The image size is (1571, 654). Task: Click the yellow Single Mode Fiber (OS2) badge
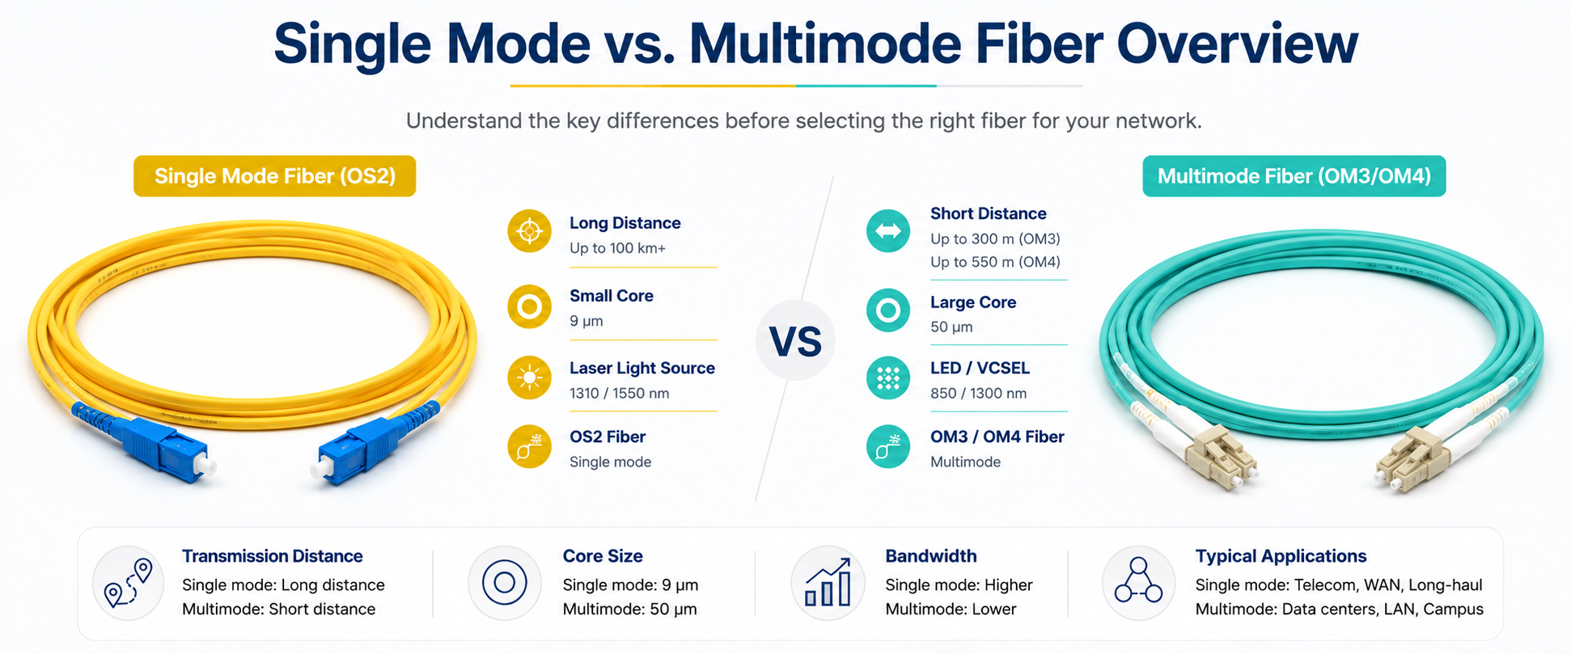[x=274, y=176]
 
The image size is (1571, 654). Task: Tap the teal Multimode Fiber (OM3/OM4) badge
[x=1294, y=176]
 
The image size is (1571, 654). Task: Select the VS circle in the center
[x=795, y=340]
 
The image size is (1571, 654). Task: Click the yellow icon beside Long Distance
[x=529, y=231]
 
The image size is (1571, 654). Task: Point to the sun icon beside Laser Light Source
[x=529, y=378]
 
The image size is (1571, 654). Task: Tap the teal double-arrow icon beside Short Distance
[x=888, y=230]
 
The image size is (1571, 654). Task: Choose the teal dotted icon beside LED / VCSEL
[x=888, y=378]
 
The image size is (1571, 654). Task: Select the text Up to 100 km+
[x=617, y=248]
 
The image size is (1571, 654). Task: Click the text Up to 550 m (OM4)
[x=995, y=262]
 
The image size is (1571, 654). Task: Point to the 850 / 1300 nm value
[x=978, y=394]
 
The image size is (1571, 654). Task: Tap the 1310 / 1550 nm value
[x=619, y=394]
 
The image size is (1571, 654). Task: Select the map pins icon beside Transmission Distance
[x=129, y=583]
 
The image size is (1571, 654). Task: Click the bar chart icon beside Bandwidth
[x=828, y=583]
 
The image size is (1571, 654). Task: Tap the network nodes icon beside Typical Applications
[x=1138, y=581]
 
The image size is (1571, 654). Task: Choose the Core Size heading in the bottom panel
[x=603, y=556]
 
